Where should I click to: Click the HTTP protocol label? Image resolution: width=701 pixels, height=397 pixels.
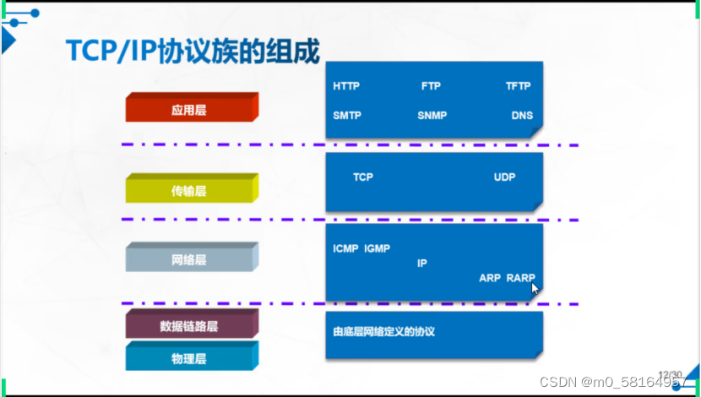pyautogui.click(x=346, y=86)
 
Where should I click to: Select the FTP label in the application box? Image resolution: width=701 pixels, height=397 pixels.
pyautogui.click(x=431, y=86)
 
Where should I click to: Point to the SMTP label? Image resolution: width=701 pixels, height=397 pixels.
pyautogui.click(x=347, y=116)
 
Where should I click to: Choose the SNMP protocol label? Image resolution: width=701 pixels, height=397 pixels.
pyautogui.click(x=432, y=116)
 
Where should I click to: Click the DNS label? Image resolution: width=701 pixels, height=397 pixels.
pyautogui.click(x=522, y=116)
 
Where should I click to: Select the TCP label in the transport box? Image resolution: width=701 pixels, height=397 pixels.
pyautogui.click(x=363, y=177)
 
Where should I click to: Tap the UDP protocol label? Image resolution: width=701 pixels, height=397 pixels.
pyautogui.click(x=504, y=177)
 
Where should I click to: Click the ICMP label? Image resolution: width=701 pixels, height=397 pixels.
pyautogui.click(x=346, y=249)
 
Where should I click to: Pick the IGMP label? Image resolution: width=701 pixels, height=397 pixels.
pyautogui.click(x=377, y=249)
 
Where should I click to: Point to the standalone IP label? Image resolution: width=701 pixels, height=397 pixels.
pyautogui.click(x=422, y=264)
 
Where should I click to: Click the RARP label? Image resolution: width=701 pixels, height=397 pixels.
pyautogui.click(x=521, y=278)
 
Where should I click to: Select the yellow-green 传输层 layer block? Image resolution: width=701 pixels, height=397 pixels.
pyautogui.click(x=189, y=190)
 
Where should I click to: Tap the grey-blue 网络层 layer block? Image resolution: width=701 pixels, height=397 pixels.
pyautogui.click(x=189, y=259)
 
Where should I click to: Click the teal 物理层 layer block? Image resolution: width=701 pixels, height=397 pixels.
pyautogui.click(x=189, y=358)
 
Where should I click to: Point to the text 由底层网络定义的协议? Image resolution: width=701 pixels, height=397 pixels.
pyautogui.click(x=383, y=332)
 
